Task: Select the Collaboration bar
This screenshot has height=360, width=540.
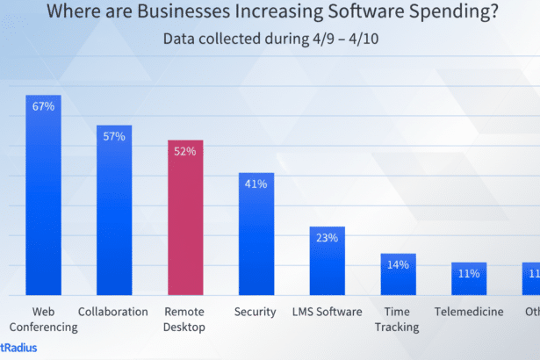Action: (x=114, y=211)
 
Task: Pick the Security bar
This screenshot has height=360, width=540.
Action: (x=256, y=234)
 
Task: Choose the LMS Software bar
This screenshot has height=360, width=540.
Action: (x=327, y=261)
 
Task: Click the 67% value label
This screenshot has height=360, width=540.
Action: (x=44, y=106)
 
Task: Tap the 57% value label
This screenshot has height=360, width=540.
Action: (x=114, y=136)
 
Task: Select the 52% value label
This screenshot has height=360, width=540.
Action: (x=185, y=151)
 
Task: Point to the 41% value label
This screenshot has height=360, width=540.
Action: (x=256, y=184)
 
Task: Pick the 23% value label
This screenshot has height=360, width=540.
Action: (x=327, y=237)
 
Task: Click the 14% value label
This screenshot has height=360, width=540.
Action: (x=398, y=263)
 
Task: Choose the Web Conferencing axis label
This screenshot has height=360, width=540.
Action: (x=44, y=320)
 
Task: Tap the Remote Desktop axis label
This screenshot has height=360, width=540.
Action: (x=185, y=320)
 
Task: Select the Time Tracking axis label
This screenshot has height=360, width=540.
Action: (x=398, y=320)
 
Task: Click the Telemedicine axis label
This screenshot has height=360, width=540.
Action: (x=469, y=312)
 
